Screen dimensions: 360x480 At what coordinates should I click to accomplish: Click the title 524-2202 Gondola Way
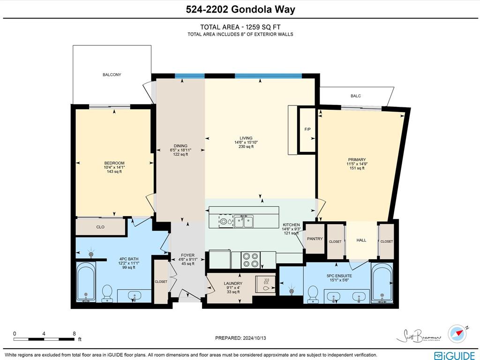[x=240, y=9]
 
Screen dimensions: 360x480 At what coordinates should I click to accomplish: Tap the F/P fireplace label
[x=307, y=129]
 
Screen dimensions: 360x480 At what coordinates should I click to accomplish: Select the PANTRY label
[x=315, y=239]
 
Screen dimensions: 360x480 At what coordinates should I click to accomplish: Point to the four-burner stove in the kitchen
[x=251, y=260]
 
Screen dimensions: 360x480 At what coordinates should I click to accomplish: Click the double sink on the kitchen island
[x=244, y=221]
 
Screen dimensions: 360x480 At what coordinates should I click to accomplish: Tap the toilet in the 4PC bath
[x=107, y=292]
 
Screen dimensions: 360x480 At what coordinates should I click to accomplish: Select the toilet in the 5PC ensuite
[x=313, y=294]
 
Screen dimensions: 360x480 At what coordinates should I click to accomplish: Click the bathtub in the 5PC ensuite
[x=382, y=282]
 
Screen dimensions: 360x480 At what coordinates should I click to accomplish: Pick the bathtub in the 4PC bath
[x=86, y=282]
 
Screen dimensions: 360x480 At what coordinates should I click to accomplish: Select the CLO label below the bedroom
[x=100, y=227]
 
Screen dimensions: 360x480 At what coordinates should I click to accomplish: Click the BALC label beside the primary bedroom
[x=356, y=96]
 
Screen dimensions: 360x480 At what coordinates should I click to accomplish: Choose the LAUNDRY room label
[x=233, y=284]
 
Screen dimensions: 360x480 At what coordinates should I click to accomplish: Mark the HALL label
[x=361, y=240]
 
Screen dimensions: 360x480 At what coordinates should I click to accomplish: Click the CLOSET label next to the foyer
[x=161, y=282]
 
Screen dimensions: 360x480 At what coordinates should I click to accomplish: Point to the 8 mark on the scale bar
[x=74, y=334]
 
